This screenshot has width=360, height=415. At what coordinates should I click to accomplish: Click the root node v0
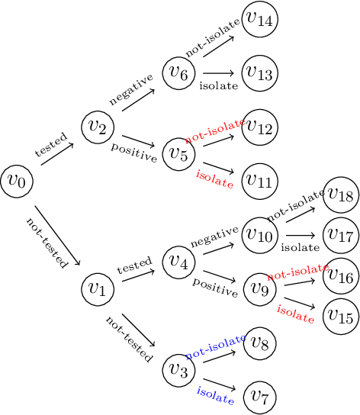[17, 182]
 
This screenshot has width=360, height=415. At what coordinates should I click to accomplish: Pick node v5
[180, 153]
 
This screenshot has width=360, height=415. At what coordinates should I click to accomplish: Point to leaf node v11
[259, 181]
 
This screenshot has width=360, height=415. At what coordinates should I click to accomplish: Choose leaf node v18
[340, 195]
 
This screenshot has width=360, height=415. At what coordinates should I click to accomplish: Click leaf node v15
[340, 317]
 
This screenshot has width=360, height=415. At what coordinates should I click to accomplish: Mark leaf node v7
[259, 397]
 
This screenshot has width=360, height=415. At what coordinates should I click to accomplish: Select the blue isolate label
[215, 394]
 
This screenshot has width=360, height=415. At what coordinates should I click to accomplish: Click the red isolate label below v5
[214, 179]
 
